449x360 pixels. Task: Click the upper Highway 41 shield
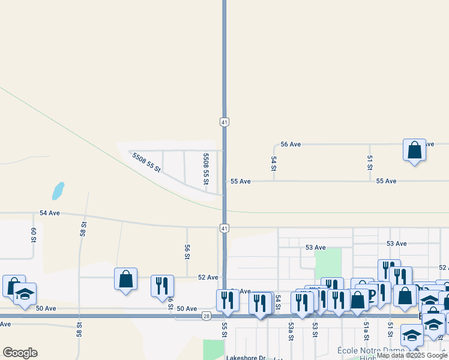pyautogui.click(x=224, y=122)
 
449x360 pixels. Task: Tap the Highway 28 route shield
pyautogui.click(x=206, y=316)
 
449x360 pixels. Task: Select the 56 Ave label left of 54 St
pyautogui.click(x=291, y=145)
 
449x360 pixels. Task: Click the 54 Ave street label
pyautogui.click(x=50, y=213)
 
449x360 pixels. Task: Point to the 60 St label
pyautogui.click(x=34, y=235)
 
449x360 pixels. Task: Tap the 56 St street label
pyautogui.click(x=187, y=252)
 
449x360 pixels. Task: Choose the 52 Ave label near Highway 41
pyautogui.click(x=208, y=277)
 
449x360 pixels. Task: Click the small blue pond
pyautogui.click(x=58, y=191)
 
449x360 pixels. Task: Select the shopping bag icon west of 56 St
pyautogui.click(x=125, y=279)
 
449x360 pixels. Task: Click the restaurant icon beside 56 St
pyautogui.click(x=162, y=286)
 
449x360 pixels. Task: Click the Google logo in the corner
pyautogui.click(x=20, y=353)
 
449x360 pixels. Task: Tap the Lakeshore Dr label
pyautogui.click(x=246, y=358)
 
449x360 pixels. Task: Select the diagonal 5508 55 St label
pyautogui.click(x=146, y=162)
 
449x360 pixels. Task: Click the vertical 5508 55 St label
pyautogui.click(x=206, y=169)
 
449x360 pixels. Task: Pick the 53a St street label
pyautogui.click(x=291, y=330)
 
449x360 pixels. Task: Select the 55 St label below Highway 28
pyautogui.click(x=224, y=330)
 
